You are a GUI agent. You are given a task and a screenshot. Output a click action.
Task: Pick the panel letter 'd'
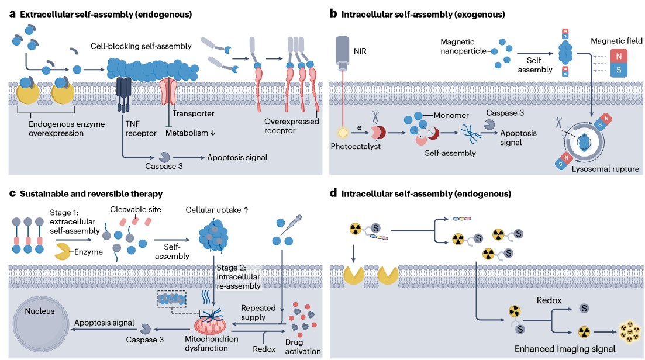tap(333, 192)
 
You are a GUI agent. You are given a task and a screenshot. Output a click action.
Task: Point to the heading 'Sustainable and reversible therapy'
tap(91, 193)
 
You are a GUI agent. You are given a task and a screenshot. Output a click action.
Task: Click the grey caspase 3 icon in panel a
tap(165, 157)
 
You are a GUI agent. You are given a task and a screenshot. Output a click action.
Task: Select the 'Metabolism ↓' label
tap(190, 133)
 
